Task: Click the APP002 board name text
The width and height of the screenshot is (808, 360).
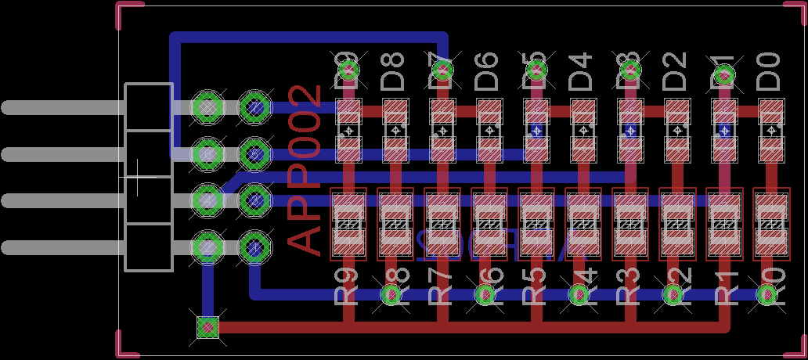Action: pos(305,171)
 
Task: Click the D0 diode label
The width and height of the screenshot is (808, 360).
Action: pos(771,70)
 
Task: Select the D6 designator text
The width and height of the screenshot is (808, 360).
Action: pos(487,70)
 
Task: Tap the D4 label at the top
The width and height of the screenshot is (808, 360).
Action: pos(581,70)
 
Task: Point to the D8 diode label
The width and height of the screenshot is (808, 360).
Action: pos(393,70)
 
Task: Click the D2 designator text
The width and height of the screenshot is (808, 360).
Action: pos(675,70)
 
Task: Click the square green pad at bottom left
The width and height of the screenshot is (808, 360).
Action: pos(207,326)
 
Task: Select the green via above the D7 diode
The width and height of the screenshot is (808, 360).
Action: pos(442,71)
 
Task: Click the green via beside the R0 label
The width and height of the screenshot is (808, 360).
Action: pos(768,295)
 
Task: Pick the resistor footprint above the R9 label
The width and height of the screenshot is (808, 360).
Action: pos(348,224)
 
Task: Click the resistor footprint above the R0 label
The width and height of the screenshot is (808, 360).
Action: pos(771,224)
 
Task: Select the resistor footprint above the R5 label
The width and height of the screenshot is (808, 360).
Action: pos(536,224)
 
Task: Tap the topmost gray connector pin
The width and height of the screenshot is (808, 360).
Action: pos(63,107)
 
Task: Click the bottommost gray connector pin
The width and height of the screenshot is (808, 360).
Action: pos(63,248)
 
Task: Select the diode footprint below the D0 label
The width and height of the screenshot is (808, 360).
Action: pos(771,130)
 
